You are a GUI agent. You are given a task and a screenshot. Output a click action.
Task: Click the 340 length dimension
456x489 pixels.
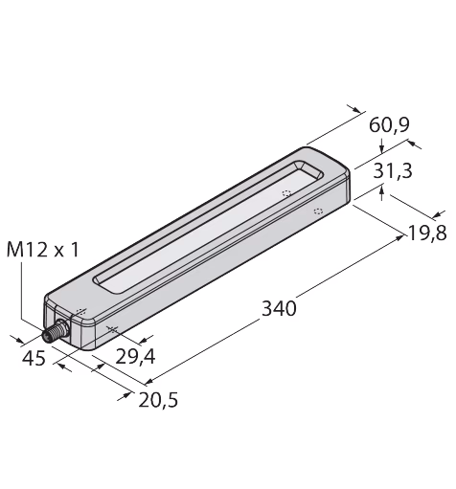click(x=279, y=308)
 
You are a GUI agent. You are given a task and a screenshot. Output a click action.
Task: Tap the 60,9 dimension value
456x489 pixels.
click(x=389, y=124)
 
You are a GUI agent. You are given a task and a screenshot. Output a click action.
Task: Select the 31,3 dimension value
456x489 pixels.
click(x=393, y=170)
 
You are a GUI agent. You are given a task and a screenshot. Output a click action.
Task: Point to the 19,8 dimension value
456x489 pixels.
click(x=427, y=233)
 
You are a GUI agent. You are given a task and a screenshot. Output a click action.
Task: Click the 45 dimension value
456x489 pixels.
click(x=34, y=358)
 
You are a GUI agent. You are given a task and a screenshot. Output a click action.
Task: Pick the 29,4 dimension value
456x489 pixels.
click(x=135, y=356)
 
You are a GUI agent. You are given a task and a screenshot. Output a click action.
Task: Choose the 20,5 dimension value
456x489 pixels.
click(x=158, y=400)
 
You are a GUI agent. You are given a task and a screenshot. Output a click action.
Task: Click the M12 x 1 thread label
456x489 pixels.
click(x=42, y=250)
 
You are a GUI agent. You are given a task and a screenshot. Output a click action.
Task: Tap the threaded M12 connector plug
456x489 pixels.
click(x=56, y=332)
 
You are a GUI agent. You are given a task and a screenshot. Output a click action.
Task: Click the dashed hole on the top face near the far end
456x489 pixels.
click(x=286, y=193)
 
